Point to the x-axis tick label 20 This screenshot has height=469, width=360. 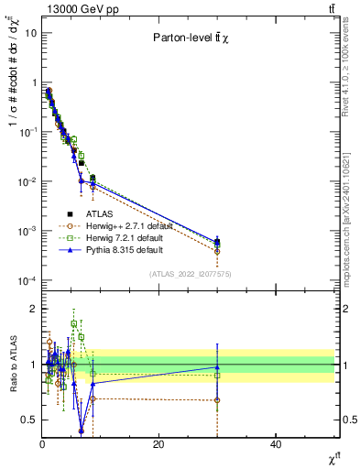[158, 444]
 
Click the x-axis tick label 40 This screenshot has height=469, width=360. [276, 444]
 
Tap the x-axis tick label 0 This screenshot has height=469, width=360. [42, 444]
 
